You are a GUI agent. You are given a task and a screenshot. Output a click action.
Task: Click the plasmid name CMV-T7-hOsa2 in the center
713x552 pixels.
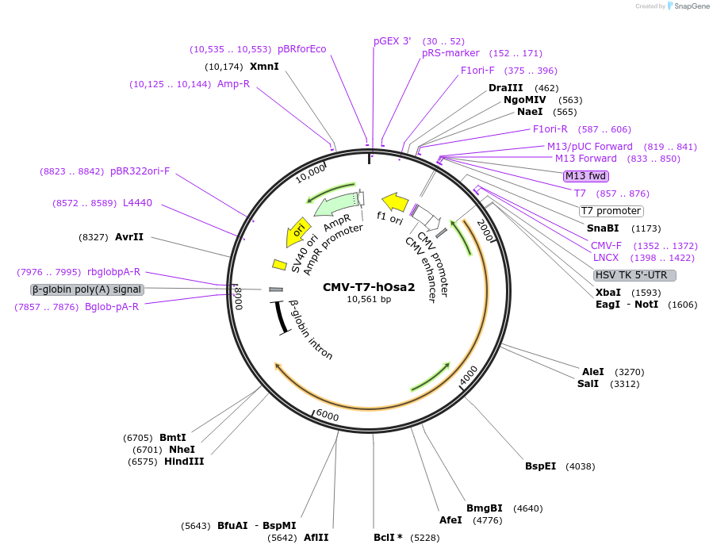369,287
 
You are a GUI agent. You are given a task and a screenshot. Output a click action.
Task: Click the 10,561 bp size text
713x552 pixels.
369,300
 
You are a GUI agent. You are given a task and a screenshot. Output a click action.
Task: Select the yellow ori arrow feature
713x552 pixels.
297,232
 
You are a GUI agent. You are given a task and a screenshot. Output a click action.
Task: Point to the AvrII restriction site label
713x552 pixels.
129,236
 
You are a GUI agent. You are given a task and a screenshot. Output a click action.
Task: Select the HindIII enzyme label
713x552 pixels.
184,461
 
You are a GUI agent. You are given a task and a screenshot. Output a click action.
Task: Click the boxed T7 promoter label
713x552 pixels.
611,211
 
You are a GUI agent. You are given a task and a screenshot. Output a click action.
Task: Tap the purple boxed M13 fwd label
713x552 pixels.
585,175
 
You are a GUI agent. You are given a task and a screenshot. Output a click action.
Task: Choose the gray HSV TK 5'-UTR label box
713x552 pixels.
634,275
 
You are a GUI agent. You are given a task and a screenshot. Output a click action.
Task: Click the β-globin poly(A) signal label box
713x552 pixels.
87,289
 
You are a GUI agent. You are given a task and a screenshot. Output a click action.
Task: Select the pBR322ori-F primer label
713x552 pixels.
140,171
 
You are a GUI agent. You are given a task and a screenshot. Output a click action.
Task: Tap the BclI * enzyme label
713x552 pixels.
388,537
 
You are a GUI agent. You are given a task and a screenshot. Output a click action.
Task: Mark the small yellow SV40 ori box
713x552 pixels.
279,264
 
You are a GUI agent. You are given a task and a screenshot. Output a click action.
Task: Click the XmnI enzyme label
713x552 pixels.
264,66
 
